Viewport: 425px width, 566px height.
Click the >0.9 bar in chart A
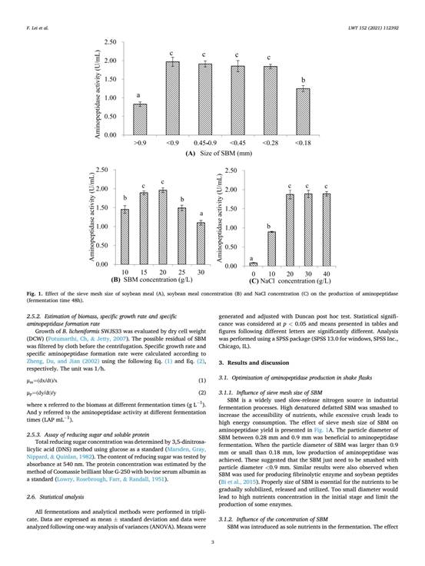coord(140,119)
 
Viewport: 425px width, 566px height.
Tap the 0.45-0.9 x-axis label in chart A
coord(204,142)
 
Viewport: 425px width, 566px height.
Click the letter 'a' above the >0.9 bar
coord(139,96)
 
